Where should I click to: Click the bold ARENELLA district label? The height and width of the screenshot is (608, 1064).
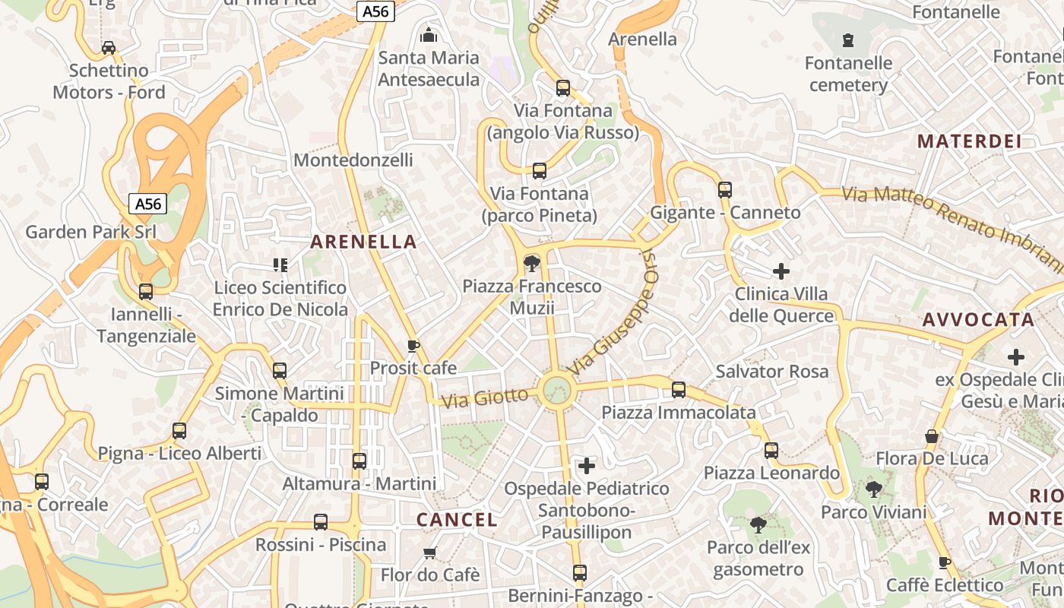[x=363, y=242]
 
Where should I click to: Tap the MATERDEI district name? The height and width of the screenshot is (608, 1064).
[x=968, y=141]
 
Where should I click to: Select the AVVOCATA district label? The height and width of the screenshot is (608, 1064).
[x=978, y=320]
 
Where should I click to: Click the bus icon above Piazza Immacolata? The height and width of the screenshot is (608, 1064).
[x=679, y=390]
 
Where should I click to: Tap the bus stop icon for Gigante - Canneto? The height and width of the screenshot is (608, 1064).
[x=725, y=190]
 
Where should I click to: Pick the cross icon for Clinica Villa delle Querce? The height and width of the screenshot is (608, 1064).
[x=781, y=271]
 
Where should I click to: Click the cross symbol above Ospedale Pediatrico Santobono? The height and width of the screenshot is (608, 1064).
[x=587, y=465]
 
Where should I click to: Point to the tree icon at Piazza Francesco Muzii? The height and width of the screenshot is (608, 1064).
[x=532, y=264]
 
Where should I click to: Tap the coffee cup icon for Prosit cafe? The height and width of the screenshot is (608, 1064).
[x=413, y=347]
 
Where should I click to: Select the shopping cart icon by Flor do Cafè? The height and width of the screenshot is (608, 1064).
[x=430, y=553]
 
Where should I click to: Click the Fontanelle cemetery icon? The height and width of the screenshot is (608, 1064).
[x=848, y=40]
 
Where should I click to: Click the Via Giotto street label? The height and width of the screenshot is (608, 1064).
[x=485, y=397]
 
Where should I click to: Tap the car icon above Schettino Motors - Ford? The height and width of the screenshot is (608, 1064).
[x=109, y=48]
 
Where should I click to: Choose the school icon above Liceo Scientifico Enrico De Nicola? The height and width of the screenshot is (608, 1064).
[x=280, y=265]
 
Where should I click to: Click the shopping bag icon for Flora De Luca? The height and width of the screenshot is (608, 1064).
[x=932, y=436]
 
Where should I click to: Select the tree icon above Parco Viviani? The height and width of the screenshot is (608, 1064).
[x=874, y=489]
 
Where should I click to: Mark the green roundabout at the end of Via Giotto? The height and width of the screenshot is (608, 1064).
[x=557, y=390]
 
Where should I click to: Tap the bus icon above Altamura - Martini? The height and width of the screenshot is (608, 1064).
[x=359, y=461]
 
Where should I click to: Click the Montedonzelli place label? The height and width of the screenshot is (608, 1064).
[x=353, y=160]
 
